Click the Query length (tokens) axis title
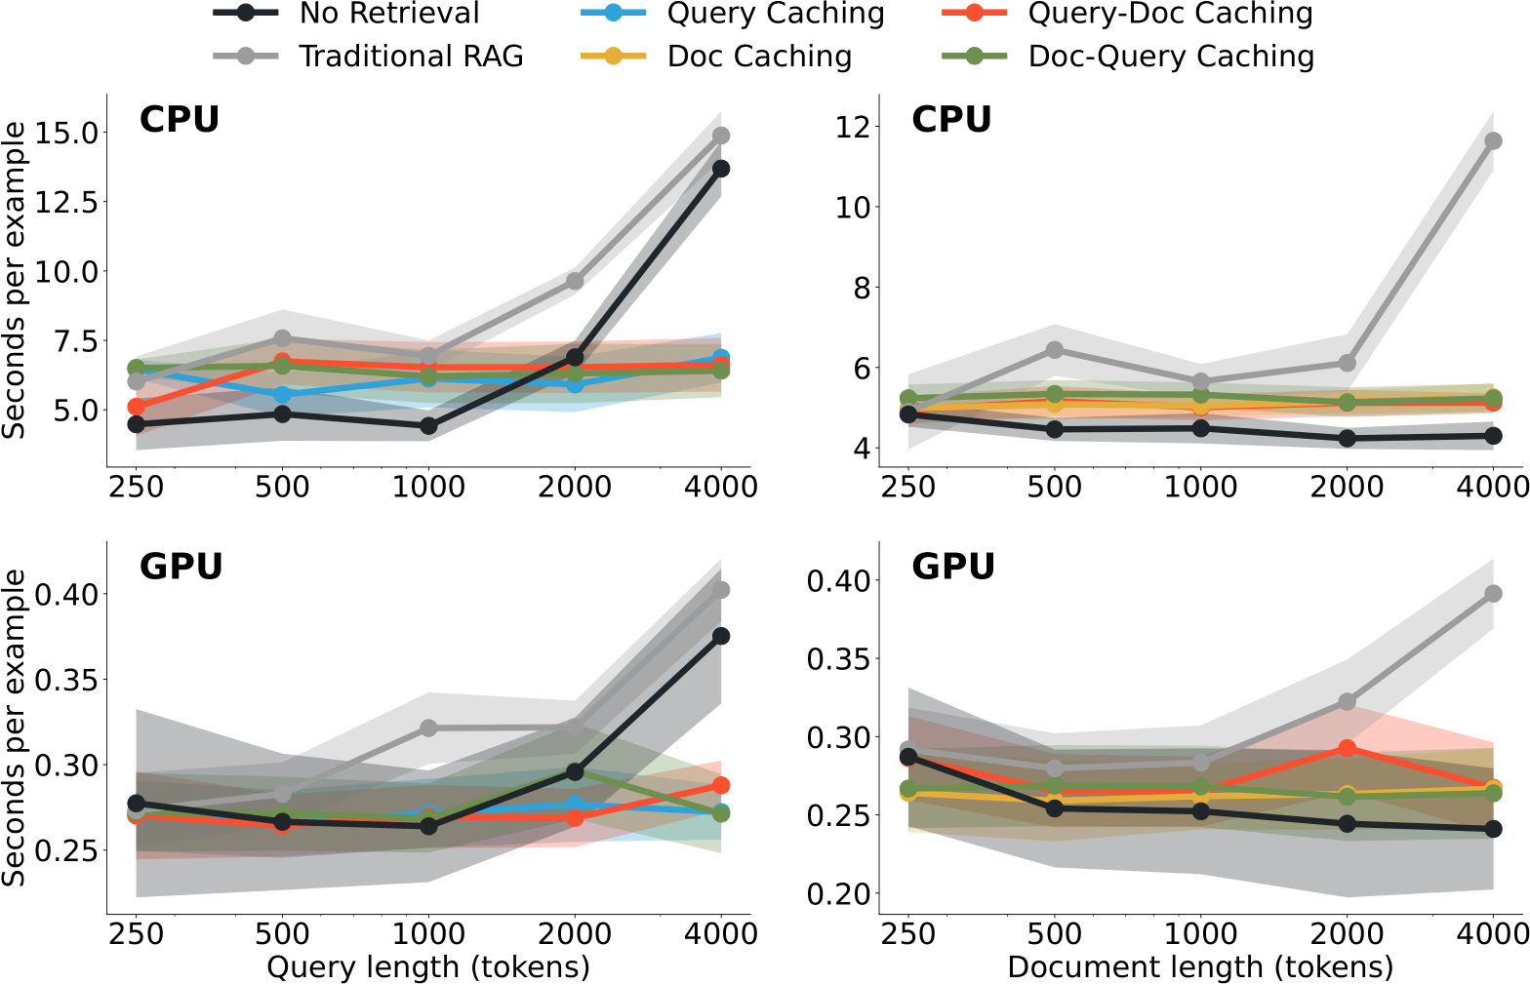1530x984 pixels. click(428, 966)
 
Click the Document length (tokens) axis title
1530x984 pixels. click(1200, 966)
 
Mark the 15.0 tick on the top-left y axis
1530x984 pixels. click(66, 132)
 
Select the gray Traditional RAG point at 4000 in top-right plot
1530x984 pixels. click(1493, 141)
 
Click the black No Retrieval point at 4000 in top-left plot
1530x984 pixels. click(720, 169)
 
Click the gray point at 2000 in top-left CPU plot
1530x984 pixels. click(575, 281)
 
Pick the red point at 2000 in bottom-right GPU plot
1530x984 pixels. click(1348, 748)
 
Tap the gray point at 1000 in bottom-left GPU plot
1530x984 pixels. click(428, 728)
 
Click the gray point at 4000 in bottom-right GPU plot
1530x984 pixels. click(1493, 594)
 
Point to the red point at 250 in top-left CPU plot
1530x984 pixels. click(137, 407)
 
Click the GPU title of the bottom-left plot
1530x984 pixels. click(181, 567)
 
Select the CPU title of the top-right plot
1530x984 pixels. click(951, 119)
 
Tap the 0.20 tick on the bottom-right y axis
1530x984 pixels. click(838, 893)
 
